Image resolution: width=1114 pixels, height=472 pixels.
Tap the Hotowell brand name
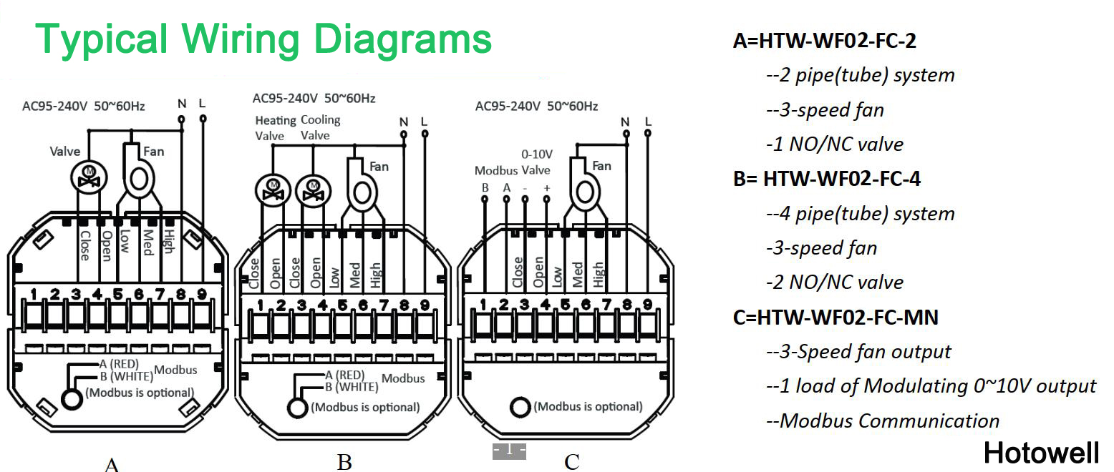[1040, 452]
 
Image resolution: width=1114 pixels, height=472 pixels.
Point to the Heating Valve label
[275, 128]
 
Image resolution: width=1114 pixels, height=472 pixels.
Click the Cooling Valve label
[320, 127]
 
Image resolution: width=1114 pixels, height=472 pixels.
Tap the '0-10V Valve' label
[535, 162]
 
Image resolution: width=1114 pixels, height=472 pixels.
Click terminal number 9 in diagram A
[202, 293]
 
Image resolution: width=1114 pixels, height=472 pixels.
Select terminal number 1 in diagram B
[261, 306]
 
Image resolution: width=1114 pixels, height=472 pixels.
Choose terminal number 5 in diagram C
[566, 306]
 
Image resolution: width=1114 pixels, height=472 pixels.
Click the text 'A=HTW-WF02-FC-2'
[824, 41]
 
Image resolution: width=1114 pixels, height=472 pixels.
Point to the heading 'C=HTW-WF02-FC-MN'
[835, 317]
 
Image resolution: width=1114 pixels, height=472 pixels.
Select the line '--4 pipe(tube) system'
[860, 214]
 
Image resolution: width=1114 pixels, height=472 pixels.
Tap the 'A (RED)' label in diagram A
[120, 364]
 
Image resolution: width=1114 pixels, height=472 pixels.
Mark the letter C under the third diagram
[571, 462]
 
